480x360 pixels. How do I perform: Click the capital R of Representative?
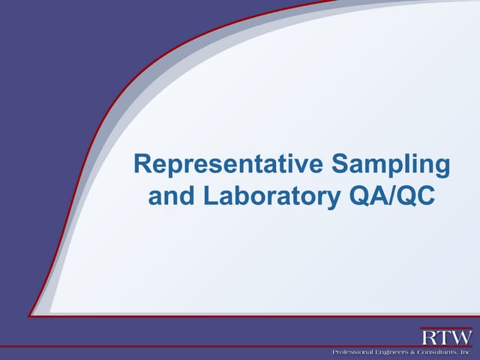click(x=142, y=164)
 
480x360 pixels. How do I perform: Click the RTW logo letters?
click(x=446, y=337)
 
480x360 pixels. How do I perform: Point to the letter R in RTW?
click(x=428, y=337)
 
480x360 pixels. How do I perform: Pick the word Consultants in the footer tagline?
click(x=436, y=352)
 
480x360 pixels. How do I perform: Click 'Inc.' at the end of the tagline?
click(x=466, y=352)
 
